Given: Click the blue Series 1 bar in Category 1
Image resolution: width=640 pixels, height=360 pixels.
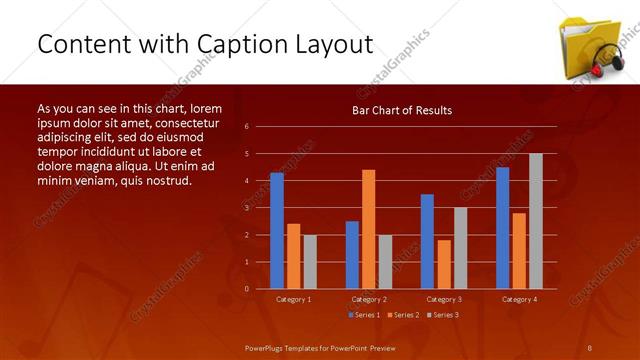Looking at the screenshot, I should point(277,230).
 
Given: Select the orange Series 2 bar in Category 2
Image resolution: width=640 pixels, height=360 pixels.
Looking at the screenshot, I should point(369,229).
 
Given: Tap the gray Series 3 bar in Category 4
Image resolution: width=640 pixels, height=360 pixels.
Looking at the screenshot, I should point(536,221).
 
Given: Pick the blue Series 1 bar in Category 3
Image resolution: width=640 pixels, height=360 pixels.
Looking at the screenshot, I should point(427,241).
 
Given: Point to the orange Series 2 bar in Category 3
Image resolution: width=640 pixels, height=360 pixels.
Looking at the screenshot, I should point(444,264).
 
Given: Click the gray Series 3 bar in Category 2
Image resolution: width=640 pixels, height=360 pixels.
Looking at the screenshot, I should point(386,261).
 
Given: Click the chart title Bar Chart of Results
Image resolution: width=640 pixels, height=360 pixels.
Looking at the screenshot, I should point(401,110).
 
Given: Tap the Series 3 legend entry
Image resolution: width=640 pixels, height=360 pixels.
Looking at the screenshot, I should point(442,315).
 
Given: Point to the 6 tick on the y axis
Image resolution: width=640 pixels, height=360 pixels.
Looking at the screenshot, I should point(246,127).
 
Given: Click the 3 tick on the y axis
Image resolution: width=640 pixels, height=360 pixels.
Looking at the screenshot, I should point(246,208).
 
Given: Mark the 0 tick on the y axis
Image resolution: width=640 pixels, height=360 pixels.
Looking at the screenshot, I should point(246,289).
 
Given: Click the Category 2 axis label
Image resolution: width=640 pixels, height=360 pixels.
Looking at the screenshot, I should point(369,299).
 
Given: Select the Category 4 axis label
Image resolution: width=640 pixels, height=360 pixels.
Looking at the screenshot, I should point(519,299).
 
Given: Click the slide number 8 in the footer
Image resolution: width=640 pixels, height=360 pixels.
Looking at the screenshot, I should point(590,346).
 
